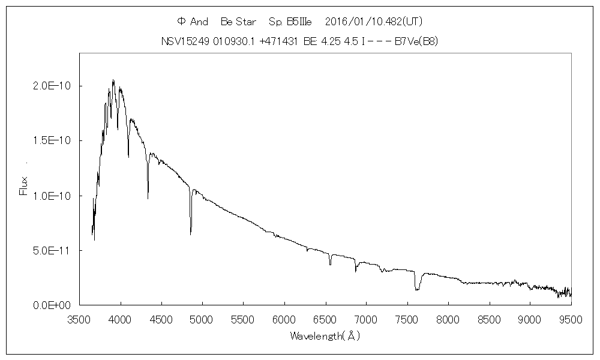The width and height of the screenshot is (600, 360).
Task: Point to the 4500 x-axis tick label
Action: point(161,319)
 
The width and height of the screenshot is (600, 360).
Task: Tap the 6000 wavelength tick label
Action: point(284,319)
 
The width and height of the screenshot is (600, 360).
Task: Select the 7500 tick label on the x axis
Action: point(407,319)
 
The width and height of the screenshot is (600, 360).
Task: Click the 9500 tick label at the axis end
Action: point(571,319)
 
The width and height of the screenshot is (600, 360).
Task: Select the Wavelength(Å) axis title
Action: point(325,336)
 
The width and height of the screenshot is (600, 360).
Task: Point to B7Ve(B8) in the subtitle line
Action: point(419,41)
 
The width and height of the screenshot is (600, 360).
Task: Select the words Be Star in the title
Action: point(239,22)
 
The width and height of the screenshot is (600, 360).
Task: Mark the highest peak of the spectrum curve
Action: point(113,80)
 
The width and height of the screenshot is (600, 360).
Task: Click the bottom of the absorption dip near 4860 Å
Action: point(191,234)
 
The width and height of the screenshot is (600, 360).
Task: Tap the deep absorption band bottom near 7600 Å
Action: point(417,290)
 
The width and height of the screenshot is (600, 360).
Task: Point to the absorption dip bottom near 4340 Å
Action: point(148,198)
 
